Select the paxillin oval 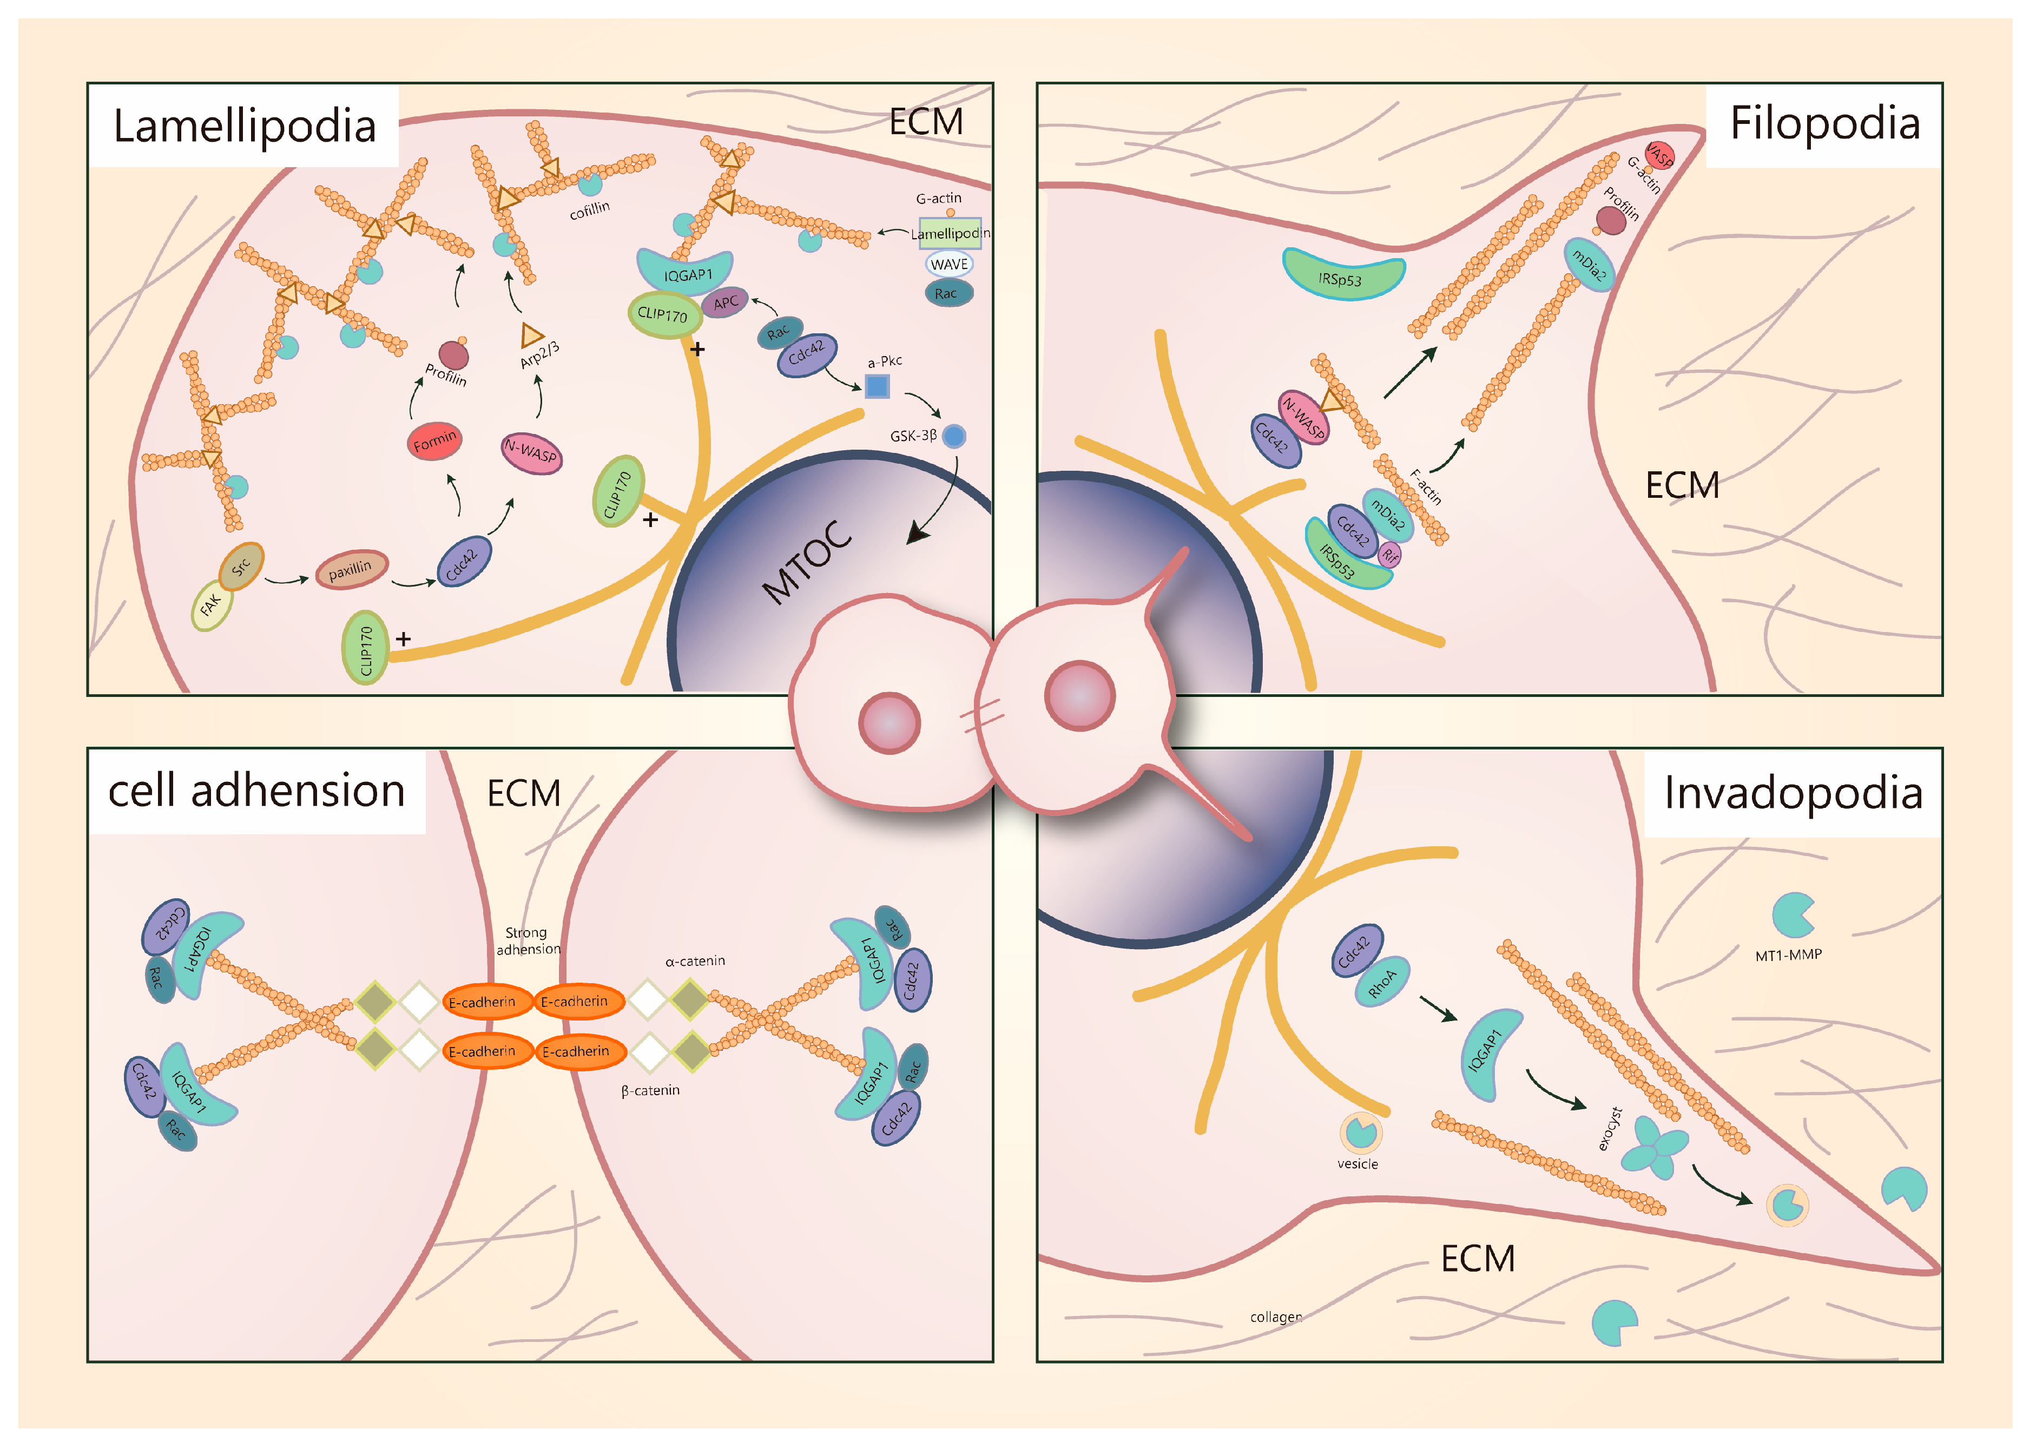[351, 569]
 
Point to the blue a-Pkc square [877, 386]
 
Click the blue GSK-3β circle [954, 436]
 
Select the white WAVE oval [948, 264]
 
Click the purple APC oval [724, 303]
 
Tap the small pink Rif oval [1390, 556]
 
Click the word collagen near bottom [1276, 1317]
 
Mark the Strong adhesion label [528, 940]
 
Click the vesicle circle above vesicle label [1360, 1133]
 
